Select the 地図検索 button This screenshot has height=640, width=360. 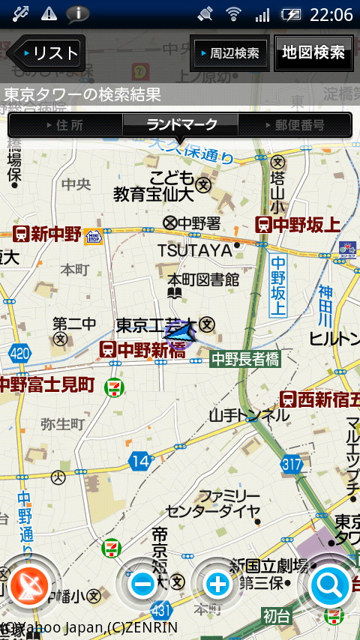[x=313, y=52]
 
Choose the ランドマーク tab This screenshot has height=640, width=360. [x=181, y=124]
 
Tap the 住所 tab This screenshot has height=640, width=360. [x=66, y=125]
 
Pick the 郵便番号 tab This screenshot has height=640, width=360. [x=295, y=125]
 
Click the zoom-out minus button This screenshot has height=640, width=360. [x=142, y=583]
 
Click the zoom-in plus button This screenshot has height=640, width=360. [x=217, y=583]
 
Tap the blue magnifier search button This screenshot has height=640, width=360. [x=330, y=583]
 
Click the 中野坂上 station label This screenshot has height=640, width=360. [x=298, y=224]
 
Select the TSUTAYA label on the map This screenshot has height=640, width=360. [x=194, y=250]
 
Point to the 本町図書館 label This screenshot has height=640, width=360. [x=202, y=280]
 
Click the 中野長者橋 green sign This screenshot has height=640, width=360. [x=244, y=360]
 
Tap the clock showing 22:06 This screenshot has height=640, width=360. [x=331, y=14]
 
